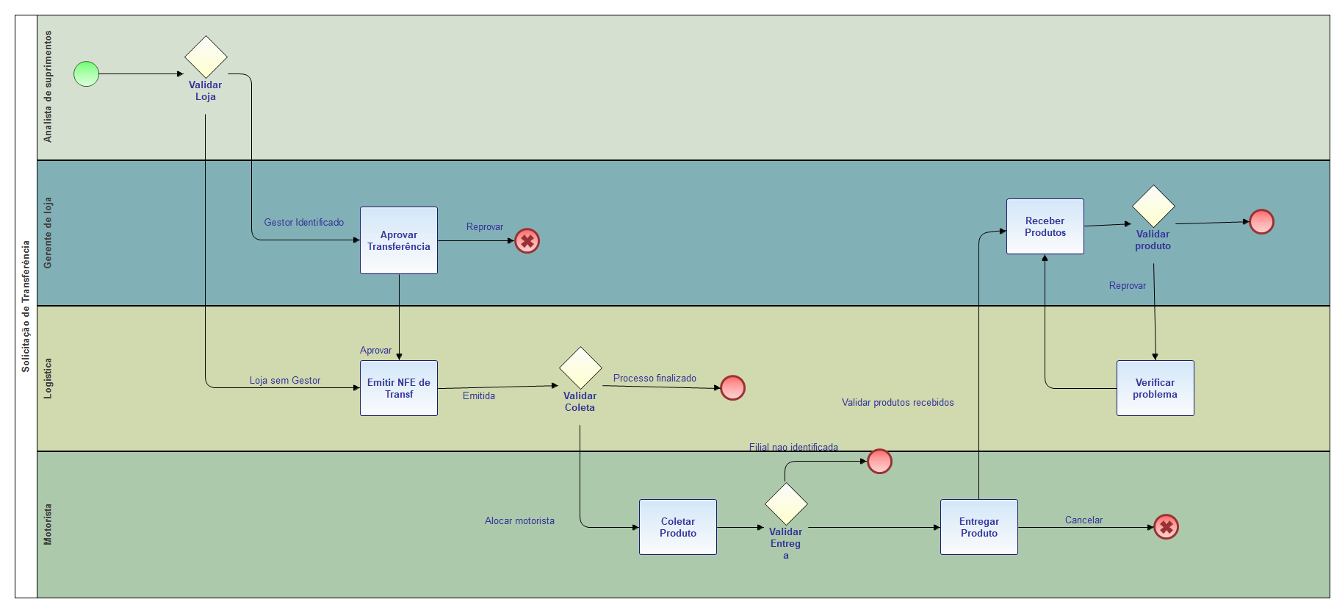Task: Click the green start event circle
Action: coord(86,74)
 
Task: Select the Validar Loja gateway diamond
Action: coord(206,57)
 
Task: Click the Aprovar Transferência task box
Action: coord(399,240)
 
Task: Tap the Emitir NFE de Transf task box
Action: coord(399,388)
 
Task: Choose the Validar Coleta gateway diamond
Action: coord(580,368)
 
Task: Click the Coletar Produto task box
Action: coord(678,527)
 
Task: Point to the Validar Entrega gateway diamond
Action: coord(786,504)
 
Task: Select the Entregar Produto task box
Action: coord(979,527)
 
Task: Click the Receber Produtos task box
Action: coord(1045,226)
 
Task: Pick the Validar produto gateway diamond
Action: coord(1153,206)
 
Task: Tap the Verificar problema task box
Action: coord(1155,388)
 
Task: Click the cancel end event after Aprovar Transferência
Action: coord(527,241)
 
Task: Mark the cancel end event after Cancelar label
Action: coord(1166,527)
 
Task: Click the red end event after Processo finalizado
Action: coord(732,388)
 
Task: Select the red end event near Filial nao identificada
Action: coord(879,462)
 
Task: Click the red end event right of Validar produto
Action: coord(1261,221)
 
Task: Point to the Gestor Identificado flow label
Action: coord(304,223)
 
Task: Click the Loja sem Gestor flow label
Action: coord(285,381)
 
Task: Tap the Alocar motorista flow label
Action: coord(519,521)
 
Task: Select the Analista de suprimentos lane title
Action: coord(48,87)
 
